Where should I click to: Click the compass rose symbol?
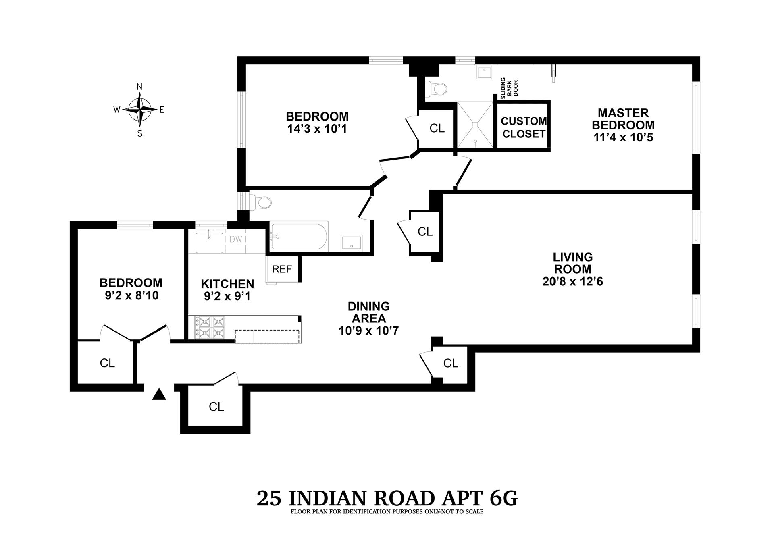point(139,109)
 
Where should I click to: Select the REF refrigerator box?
point(282,269)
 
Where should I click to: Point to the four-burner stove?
point(210,327)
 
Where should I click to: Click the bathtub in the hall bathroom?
point(299,236)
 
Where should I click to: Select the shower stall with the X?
point(475,125)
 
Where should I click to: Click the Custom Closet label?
point(523,127)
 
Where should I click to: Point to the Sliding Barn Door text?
point(509,88)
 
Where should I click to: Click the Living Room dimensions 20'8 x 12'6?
point(572,281)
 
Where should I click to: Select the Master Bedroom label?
point(623,119)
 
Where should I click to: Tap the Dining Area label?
point(369,312)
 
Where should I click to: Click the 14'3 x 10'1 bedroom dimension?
point(317,129)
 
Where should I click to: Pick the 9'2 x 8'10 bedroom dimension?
point(131,296)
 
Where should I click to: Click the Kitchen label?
point(227,284)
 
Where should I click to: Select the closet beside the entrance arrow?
point(216,407)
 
